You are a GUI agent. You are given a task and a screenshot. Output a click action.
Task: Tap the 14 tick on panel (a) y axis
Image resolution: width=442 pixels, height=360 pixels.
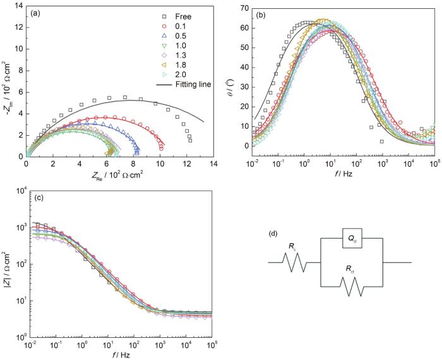[x=18, y=6]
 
